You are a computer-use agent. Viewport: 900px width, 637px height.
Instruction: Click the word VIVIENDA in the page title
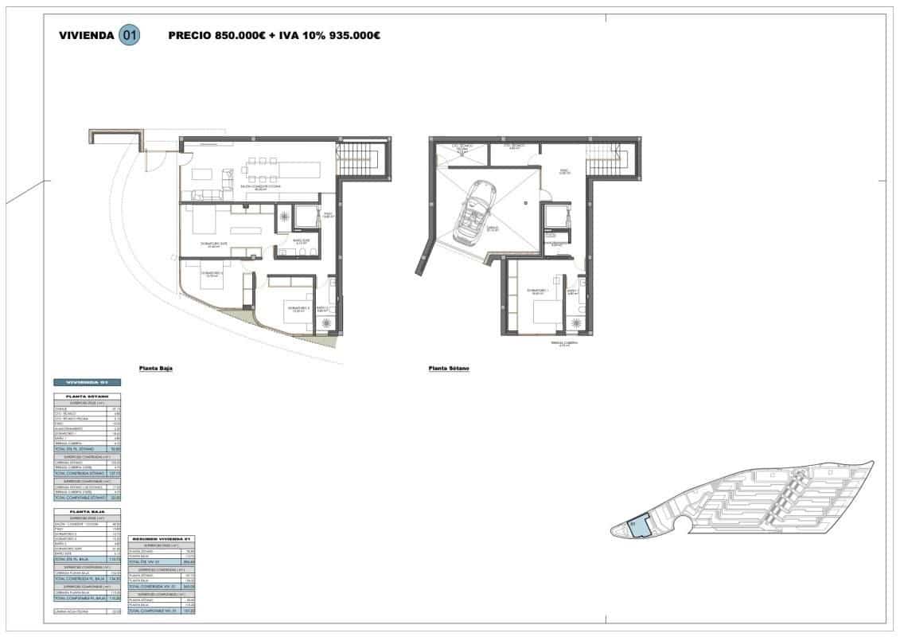click(86, 35)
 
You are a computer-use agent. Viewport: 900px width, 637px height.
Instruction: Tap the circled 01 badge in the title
click(129, 35)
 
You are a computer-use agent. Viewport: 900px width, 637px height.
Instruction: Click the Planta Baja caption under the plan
click(156, 369)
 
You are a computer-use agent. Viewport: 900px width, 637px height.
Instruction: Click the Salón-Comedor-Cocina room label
click(260, 187)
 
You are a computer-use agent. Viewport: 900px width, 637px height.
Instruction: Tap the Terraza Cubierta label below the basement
click(563, 344)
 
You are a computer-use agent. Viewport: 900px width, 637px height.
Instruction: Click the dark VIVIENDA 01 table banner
click(87, 383)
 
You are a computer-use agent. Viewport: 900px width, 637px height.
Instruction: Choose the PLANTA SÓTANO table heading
click(87, 396)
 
